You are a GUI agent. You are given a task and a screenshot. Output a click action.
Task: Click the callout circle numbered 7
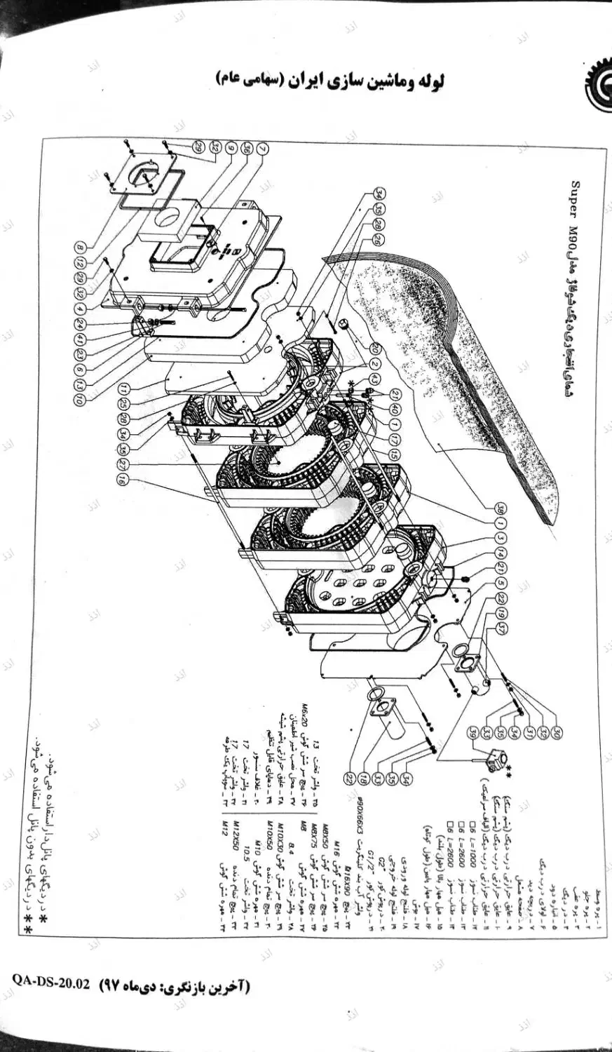tap(261, 149)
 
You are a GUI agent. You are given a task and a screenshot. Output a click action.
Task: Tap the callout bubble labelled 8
tap(82, 248)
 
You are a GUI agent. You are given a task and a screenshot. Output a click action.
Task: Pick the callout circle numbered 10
tap(82, 399)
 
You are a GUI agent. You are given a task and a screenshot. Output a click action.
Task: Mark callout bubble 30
tap(555, 733)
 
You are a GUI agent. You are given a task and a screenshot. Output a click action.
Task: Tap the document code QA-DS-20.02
tap(50, 983)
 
